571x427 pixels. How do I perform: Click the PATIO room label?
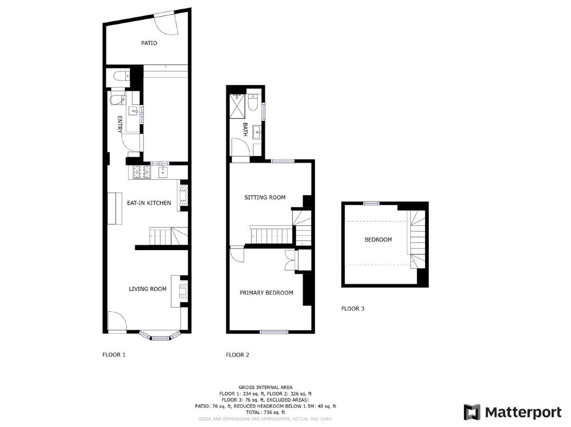(x=149, y=43)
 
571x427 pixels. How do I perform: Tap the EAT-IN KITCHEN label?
(x=149, y=203)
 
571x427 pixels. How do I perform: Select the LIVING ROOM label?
(x=148, y=289)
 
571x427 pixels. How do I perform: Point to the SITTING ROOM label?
(x=265, y=198)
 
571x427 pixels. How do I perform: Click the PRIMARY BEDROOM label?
(x=266, y=293)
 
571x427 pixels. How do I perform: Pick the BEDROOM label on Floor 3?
(x=378, y=240)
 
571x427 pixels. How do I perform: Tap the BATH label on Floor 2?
(x=245, y=129)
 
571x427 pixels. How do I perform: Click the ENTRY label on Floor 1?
(x=120, y=124)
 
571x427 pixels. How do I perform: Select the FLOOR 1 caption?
(x=114, y=355)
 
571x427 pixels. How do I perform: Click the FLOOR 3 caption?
(x=353, y=309)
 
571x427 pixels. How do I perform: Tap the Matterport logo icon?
(x=472, y=412)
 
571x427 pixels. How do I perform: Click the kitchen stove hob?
(x=142, y=172)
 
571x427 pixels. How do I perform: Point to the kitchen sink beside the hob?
(x=163, y=172)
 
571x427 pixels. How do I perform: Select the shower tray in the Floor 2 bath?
(x=238, y=106)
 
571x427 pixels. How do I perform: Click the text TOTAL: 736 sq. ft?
(x=265, y=412)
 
